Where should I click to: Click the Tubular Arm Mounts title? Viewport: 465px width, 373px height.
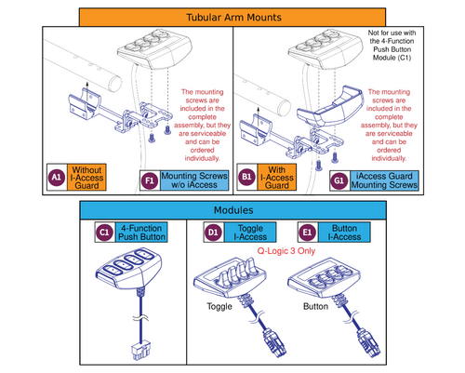coord(232,17)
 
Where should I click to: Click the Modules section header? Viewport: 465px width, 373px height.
coord(232,210)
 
